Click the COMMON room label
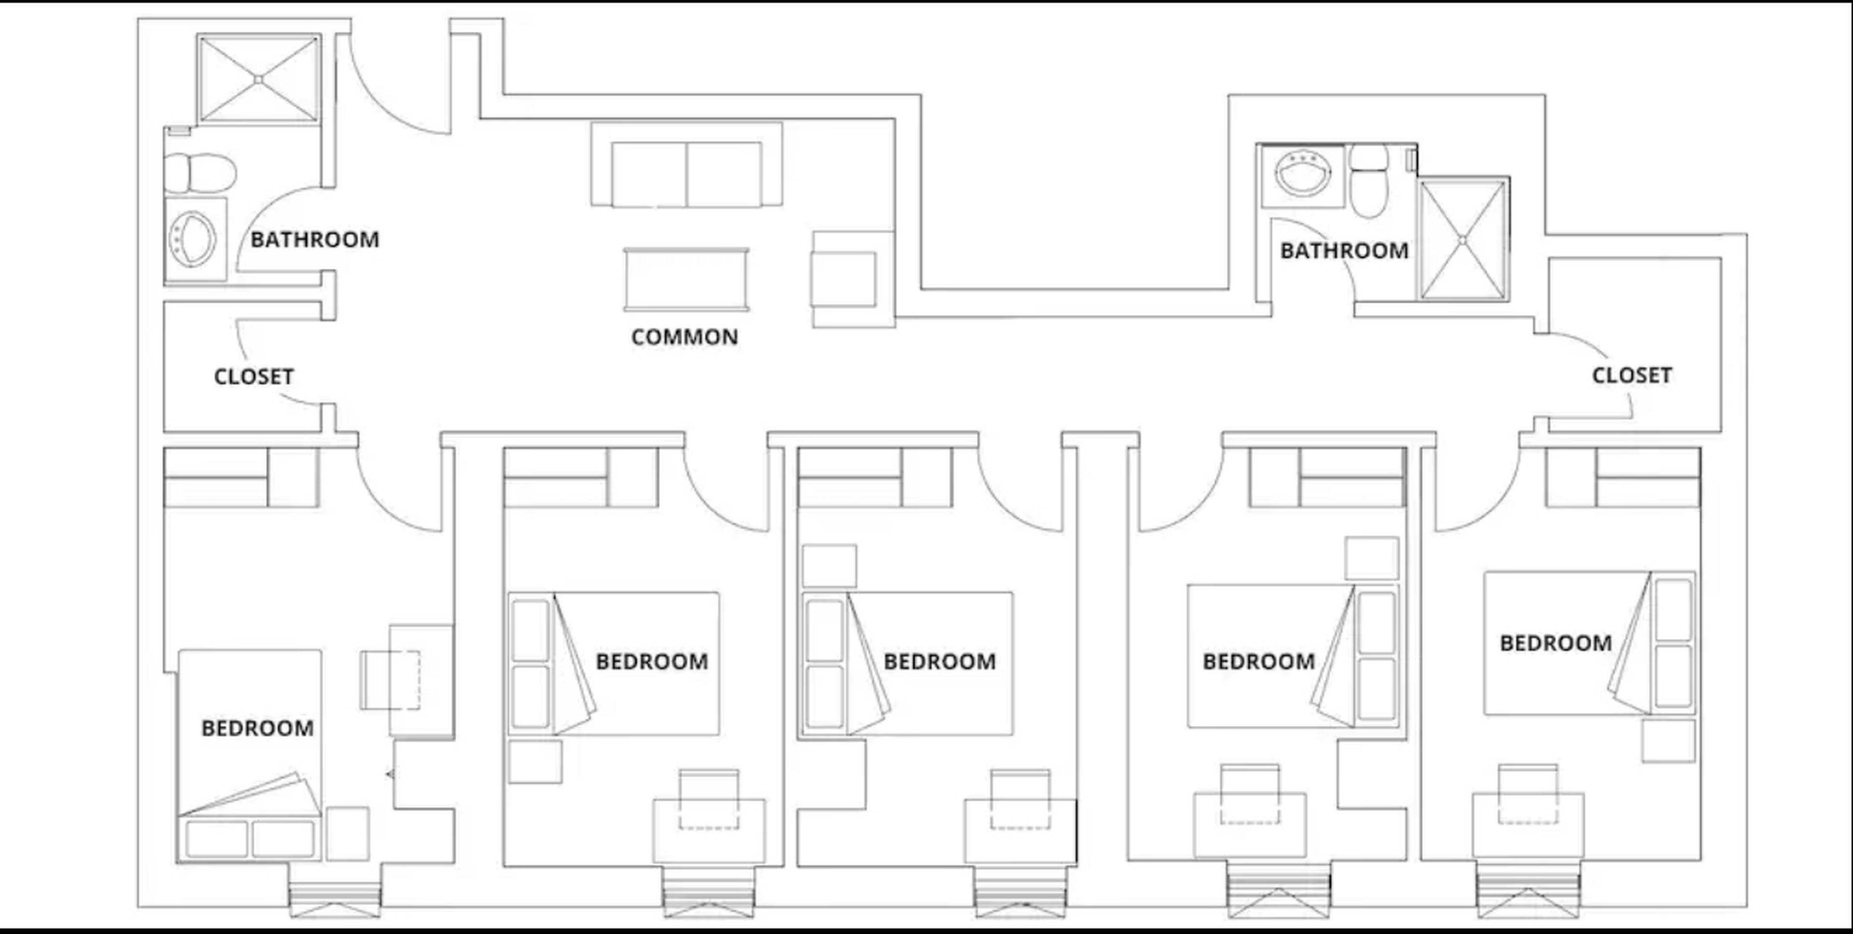(684, 336)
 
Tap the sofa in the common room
(686, 173)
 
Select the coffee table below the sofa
(686, 280)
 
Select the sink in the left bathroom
(193, 237)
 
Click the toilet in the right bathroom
(1368, 181)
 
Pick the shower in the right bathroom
(1463, 239)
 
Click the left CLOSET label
(254, 376)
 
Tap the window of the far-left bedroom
(334, 899)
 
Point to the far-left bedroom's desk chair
(390, 679)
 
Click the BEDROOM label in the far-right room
(1555, 642)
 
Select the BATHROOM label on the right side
(1344, 250)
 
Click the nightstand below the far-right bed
(1668, 741)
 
